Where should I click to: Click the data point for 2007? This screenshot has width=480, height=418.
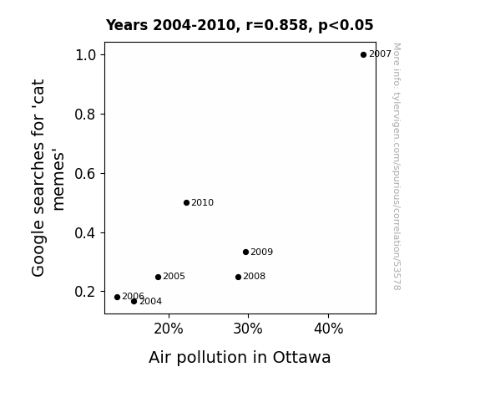(x=363, y=55)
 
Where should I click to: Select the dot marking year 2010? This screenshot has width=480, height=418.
(x=186, y=202)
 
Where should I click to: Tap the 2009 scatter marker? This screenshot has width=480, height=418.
(x=245, y=252)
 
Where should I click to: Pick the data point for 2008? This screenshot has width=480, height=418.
(x=238, y=278)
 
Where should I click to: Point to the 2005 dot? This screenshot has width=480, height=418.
(x=158, y=278)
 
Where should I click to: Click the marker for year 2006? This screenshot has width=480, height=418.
(x=117, y=297)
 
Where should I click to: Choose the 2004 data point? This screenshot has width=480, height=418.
(x=134, y=302)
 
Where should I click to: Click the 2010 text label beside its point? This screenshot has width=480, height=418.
(x=202, y=202)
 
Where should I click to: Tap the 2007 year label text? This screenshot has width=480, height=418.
(x=380, y=54)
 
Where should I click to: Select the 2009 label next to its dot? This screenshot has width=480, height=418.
(x=262, y=252)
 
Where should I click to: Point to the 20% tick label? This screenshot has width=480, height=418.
(x=169, y=329)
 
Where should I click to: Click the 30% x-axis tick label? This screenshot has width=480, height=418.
(x=248, y=329)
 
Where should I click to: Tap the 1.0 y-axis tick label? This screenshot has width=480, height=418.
(x=85, y=55)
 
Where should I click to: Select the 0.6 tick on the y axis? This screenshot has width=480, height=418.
(x=85, y=174)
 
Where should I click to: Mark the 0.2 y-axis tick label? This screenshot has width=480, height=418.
(x=85, y=292)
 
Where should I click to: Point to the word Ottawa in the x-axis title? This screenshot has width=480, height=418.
(x=301, y=358)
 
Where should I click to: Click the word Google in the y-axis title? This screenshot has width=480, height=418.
(x=38, y=248)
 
